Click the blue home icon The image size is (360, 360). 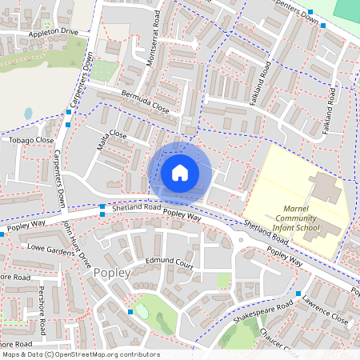(180, 172)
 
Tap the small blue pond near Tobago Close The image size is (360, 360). (29, 114)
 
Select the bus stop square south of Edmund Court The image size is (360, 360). (130, 311)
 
